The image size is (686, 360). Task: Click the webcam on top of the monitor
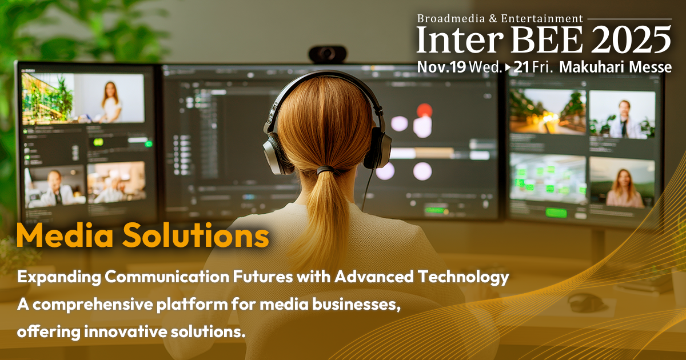point(328,54)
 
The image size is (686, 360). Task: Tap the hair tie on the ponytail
point(326,170)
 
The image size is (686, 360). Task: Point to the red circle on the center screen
point(424,110)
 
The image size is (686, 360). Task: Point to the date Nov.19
point(441,67)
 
